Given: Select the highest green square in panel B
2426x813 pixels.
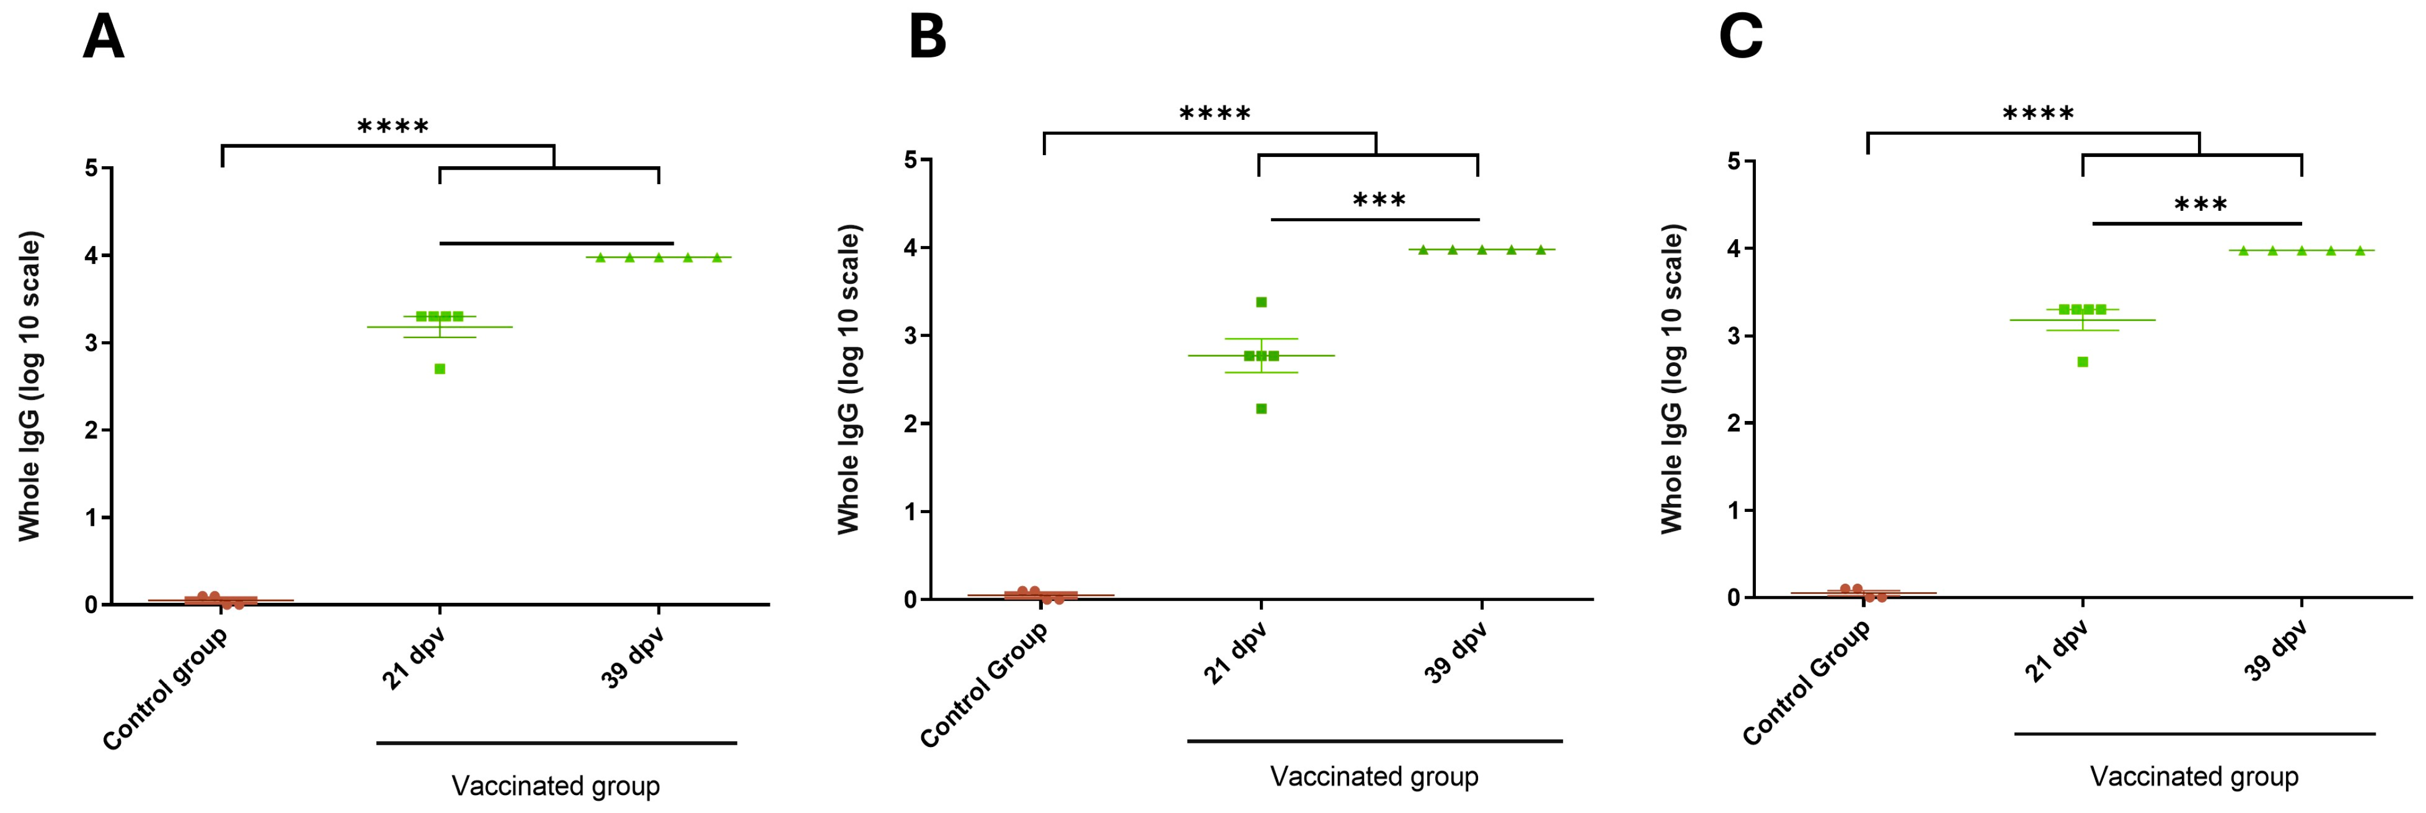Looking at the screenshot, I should point(1261,302).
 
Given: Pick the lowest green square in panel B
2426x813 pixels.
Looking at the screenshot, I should point(1261,408).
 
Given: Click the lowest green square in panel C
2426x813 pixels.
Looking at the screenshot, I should point(2082,362).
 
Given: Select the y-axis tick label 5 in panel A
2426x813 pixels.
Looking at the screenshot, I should point(91,169).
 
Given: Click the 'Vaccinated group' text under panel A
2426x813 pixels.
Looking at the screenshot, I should point(556,786).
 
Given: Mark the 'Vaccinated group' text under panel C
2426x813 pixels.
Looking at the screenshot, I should point(2195,777).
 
